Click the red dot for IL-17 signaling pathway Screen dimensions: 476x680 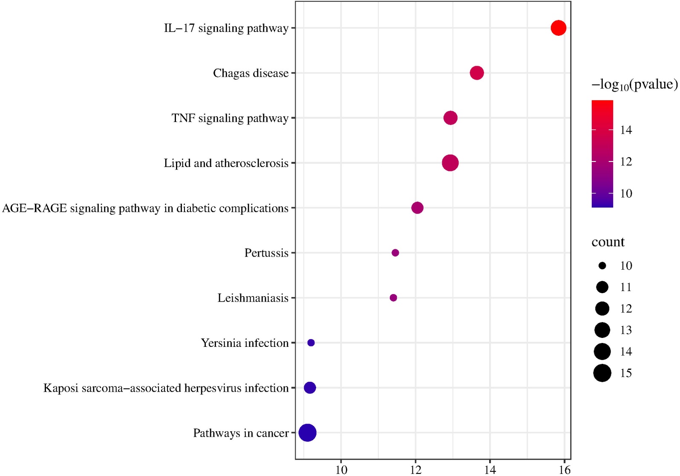(x=558, y=28)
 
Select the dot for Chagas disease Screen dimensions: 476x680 (x=476, y=73)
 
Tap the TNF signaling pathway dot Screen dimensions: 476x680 (x=450, y=118)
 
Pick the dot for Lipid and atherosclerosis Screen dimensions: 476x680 (x=450, y=163)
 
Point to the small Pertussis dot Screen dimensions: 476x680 (x=395, y=253)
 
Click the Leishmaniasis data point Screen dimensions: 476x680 (x=393, y=298)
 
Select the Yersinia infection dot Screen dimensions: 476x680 (x=311, y=343)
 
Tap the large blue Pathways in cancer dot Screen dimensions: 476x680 (x=307, y=433)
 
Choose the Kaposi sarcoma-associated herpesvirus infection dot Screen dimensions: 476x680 (x=310, y=388)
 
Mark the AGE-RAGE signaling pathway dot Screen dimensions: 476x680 (x=417, y=208)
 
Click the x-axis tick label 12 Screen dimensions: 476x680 (x=415, y=470)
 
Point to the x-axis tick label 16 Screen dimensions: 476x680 (x=565, y=470)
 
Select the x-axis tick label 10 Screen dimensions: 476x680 (x=341, y=470)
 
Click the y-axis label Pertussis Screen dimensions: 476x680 (x=266, y=253)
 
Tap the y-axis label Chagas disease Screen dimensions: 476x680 (x=251, y=73)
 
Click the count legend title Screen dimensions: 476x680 (x=608, y=242)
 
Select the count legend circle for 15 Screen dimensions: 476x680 (x=602, y=373)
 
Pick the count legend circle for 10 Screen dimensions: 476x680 (x=602, y=266)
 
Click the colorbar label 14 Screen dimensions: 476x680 (x=626, y=130)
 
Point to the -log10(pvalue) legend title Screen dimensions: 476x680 (x=634, y=84)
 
